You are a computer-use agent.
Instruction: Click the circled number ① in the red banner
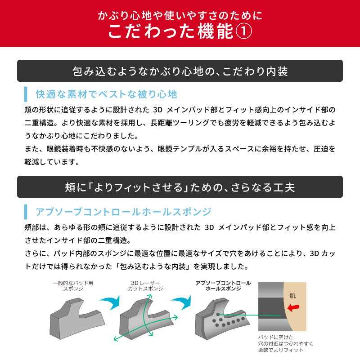[x=244, y=31]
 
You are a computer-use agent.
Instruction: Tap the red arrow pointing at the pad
[x=293, y=307]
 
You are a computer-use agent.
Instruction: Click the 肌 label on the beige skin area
[x=292, y=296]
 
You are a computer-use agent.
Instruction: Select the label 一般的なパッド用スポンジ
[x=73, y=286]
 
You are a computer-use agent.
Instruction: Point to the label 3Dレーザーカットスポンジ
[x=145, y=286]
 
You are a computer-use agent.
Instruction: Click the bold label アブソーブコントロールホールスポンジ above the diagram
[x=223, y=286]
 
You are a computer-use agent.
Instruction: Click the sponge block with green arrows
[x=146, y=319]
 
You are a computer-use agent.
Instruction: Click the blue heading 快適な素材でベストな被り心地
[x=107, y=94]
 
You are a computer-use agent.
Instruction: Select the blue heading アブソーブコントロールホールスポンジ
[x=123, y=212]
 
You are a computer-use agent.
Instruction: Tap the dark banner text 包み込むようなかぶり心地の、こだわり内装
[x=180, y=71]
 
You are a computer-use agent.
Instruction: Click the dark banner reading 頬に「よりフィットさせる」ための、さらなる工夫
[x=180, y=187]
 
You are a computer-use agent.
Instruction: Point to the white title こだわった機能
[x=171, y=31]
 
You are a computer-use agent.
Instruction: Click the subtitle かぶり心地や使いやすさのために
[x=180, y=15]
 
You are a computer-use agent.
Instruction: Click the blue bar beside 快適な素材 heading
[x=26, y=94]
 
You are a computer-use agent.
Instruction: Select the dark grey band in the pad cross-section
[x=272, y=308]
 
